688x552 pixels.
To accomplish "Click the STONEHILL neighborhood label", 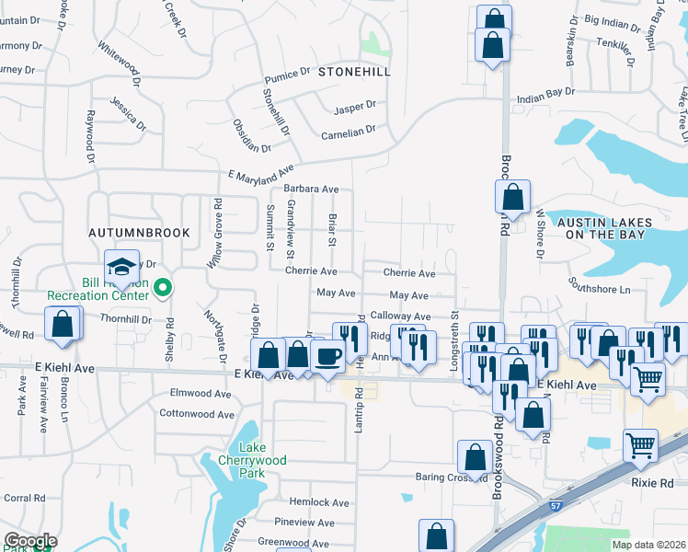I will click(354, 71).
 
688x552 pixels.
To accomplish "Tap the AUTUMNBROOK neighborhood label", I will click(139, 233).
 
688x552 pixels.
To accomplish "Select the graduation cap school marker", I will click(121, 268).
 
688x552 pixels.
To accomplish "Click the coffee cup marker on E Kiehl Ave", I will click(327, 356).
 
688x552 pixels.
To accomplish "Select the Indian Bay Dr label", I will click(545, 93).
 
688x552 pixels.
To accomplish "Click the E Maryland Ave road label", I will click(260, 172).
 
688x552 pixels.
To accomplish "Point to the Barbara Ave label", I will click(317, 189).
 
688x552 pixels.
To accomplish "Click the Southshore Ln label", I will click(599, 290).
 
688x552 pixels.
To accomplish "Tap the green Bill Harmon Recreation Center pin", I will click(163, 289).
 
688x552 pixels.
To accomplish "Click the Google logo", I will click(30, 540).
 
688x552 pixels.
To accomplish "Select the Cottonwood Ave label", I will click(196, 413).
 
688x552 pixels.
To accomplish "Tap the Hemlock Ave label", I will click(319, 503).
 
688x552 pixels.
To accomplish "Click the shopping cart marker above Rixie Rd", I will click(640, 446).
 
